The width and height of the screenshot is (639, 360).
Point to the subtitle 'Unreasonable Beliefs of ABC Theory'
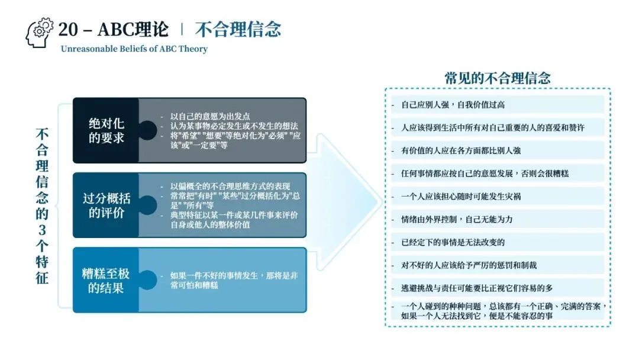click(x=134, y=49)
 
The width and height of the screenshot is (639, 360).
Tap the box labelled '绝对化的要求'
click(x=106, y=130)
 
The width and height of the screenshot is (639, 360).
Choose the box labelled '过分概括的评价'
click(x=106, y=205)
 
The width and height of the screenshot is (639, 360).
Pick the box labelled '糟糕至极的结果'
click(x=106, y=280)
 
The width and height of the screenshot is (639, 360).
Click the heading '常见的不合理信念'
click(x=498, y=78)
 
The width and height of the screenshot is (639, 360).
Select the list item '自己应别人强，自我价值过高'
click(x=453, y=105)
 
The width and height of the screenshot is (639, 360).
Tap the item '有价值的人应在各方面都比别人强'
click(x=461, y=150)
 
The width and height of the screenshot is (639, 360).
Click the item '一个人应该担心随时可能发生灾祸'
click(x=461, y=196)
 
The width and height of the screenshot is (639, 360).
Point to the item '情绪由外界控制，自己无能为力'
click(x=457, y=219)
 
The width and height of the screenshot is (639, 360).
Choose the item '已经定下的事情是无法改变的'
click(x=453, y=242)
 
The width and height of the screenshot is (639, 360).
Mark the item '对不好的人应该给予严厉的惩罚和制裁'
click(x=469, y=265)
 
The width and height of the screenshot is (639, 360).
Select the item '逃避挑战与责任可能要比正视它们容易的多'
click(x=477, y=288)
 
